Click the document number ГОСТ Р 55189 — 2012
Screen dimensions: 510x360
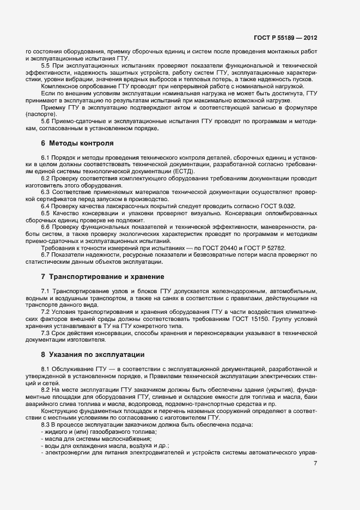click(285, 39)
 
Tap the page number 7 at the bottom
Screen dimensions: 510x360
click(315, 464)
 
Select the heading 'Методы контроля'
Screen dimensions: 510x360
click(81, 144)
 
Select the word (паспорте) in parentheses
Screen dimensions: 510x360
click(41, 114)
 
